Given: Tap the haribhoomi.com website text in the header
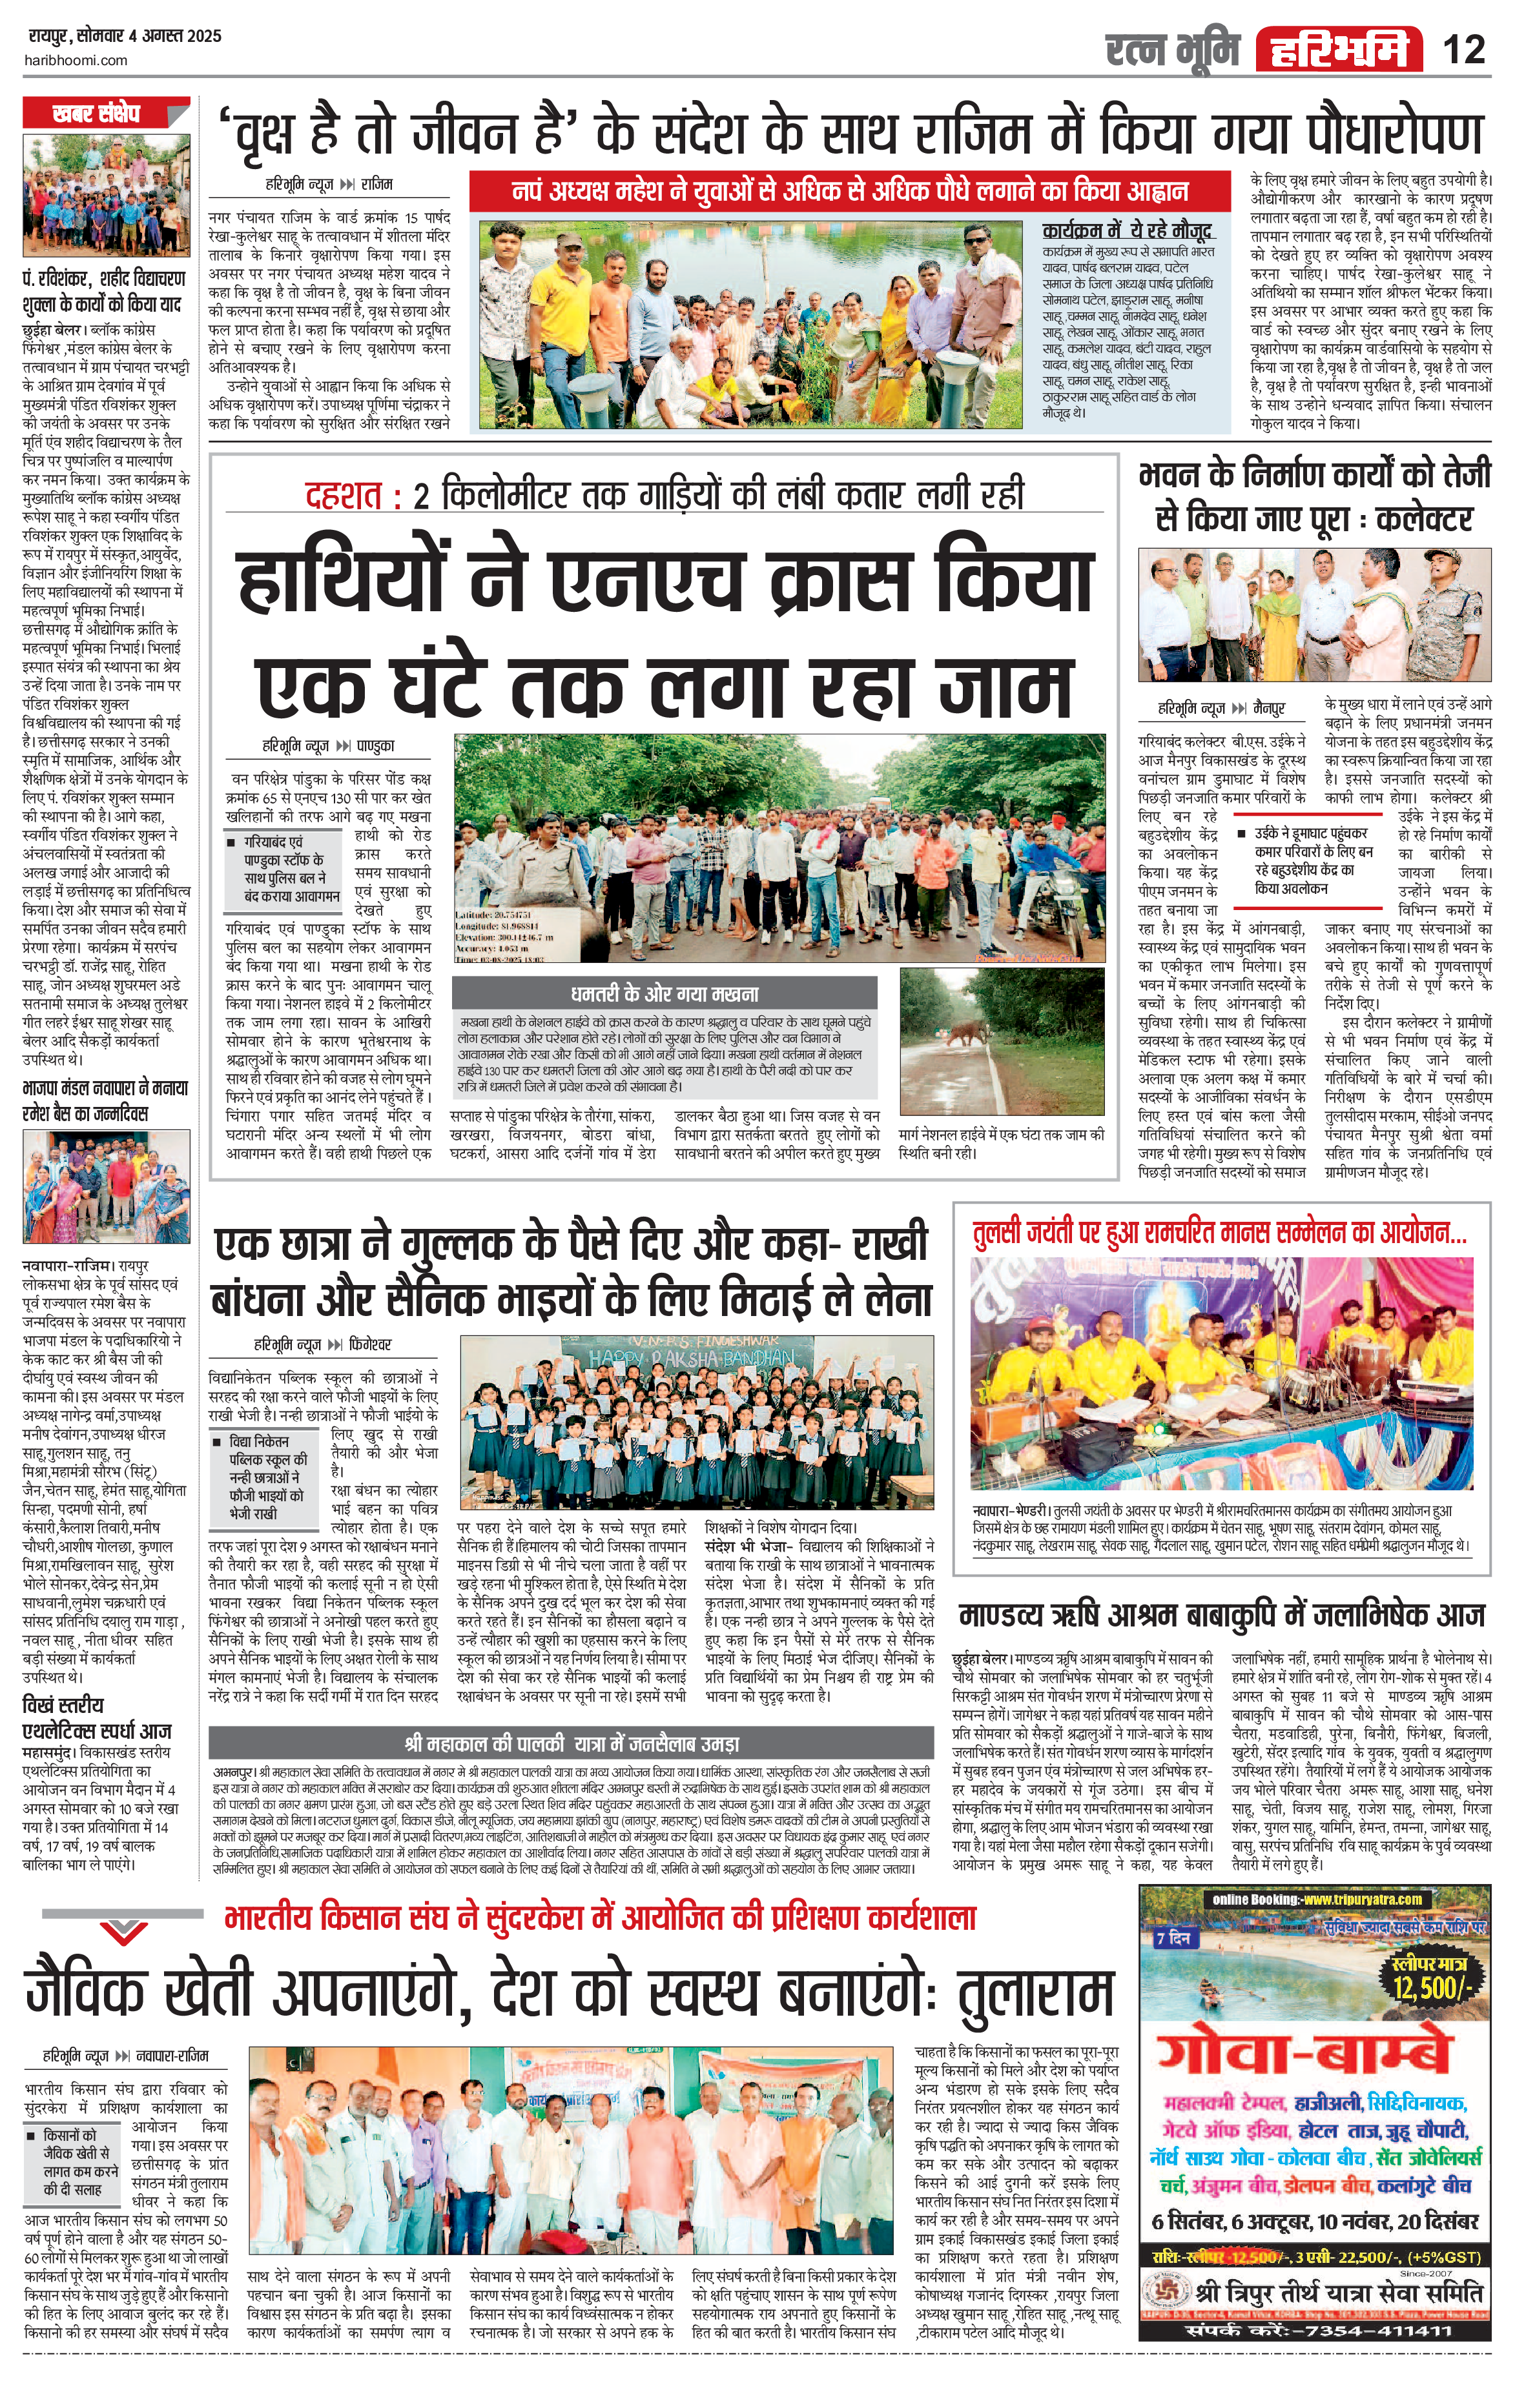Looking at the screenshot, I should click(76, 60).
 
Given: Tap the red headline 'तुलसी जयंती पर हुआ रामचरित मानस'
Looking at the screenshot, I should click(1220, 1233).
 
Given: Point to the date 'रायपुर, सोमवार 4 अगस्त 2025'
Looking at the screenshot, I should click(124, 37).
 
